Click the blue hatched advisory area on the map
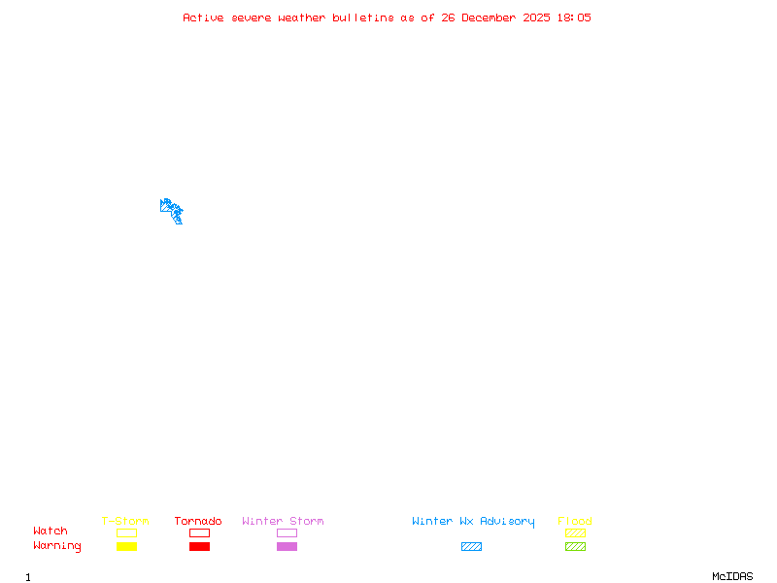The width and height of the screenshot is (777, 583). [x=171, y=210]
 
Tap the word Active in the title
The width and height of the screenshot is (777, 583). [x=204, y=17]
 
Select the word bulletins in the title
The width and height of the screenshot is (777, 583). [x=363, y=17]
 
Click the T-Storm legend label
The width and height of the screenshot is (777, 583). [x=125, y=521]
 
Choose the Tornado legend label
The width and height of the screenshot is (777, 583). [x=198, y=521]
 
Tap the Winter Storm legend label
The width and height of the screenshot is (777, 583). [x=283, y=521]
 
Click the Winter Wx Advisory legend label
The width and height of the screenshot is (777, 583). [x=473, y=521]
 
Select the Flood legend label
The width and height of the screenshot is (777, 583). [x=575, y=521]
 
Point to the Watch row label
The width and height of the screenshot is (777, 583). [x=51, y=532]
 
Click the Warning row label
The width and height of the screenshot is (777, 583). [x=56, y=546]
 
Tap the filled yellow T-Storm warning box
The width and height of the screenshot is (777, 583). [x=126, y=546]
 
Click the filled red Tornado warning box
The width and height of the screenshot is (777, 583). [x=199, y=546]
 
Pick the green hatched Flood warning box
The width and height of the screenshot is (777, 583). [x=575, y=546]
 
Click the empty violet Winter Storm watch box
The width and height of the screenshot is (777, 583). [x=287, y=532]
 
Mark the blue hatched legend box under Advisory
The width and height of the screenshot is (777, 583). [x=471, y=546]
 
